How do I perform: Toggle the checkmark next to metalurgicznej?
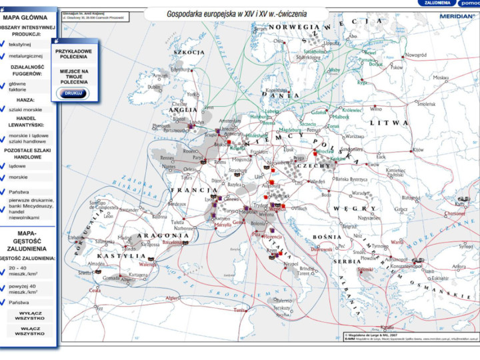tap(4, 57)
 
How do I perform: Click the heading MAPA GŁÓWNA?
tap(29, 19)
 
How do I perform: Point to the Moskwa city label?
tap(441, 77)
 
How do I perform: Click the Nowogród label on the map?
tap(415, 55)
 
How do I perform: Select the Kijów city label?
tap(417, 150)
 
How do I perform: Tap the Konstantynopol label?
tap(405, 266)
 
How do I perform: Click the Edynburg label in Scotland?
tap(180, 69)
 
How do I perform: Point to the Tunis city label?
tap(239, 310)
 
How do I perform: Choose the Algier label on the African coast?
tap(173, 297)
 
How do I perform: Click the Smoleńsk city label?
tap(426, 103)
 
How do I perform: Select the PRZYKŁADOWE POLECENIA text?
tap(74, 53)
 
